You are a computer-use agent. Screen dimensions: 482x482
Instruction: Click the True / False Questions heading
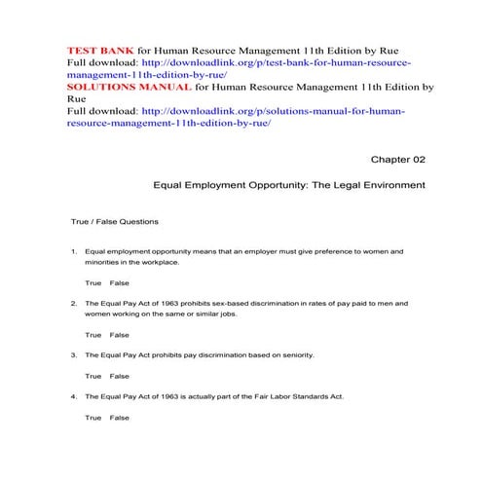(115, 222)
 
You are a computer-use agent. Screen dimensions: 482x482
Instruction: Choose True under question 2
(93, 334)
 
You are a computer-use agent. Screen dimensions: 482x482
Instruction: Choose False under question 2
(119, 334)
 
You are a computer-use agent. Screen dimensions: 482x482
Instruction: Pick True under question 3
(93, 376)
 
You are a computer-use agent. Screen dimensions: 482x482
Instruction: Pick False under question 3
(119, 376)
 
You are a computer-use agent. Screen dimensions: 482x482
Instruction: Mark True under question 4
(93, 417)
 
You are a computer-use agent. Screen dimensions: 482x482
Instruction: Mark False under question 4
(119, 417)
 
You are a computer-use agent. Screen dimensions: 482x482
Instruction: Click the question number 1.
(73, 251)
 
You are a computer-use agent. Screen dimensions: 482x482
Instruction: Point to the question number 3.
(73, 355)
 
